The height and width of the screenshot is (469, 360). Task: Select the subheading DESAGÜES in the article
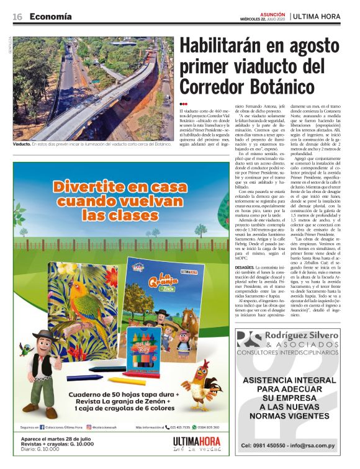point(193,267)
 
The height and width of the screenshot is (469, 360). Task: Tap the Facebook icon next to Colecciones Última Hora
point(42,427)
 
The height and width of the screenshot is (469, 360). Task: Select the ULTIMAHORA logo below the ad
point(197,442)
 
